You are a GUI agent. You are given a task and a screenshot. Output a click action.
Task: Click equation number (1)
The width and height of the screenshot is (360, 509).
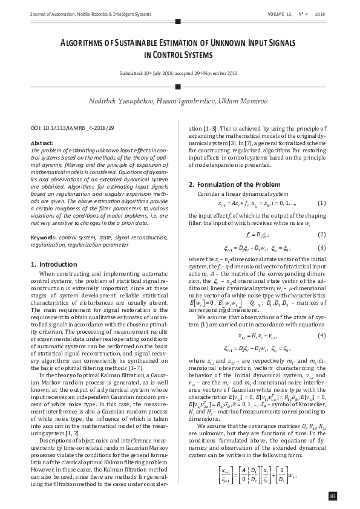point(321,203)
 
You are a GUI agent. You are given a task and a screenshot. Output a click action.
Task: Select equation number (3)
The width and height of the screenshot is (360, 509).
point(321,248)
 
